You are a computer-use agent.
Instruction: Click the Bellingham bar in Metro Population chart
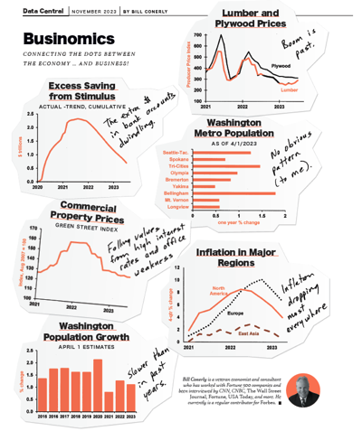[x=233, y=192]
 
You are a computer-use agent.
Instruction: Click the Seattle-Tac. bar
[x=220, y=153]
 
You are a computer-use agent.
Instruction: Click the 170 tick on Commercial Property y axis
[x=33, y=229]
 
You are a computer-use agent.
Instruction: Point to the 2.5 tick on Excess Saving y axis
[x=32, y=114]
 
